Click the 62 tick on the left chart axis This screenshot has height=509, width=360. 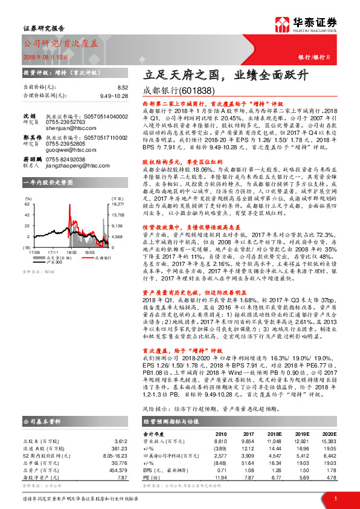[27, 204]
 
